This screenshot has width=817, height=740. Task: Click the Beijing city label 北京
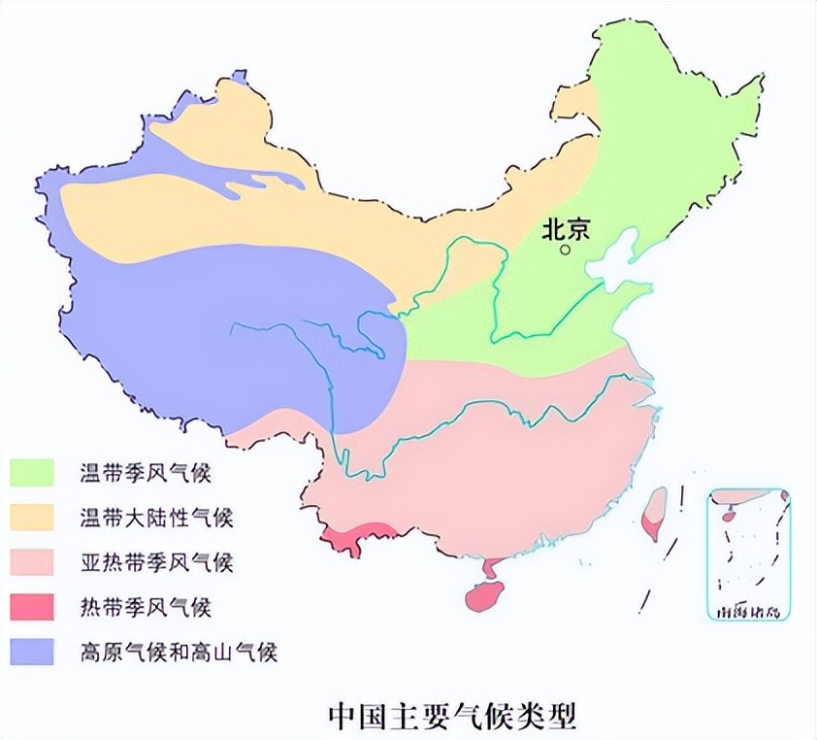click(x=566, y=230)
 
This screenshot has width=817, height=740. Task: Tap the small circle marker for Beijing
click(x=566, y=250)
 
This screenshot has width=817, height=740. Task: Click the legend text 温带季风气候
click(x=146, y=474)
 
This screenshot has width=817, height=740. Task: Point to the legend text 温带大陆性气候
click(x=156, y=518)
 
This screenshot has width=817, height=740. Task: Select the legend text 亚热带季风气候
click(x=156, y=562)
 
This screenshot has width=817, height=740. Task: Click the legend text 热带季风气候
click(x=146, y=608)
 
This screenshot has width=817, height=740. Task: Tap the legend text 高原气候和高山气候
click(x=179, y=652)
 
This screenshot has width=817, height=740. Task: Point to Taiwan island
click(x=656, y=511)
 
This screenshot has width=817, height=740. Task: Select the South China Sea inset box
click(x=748, y=554)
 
